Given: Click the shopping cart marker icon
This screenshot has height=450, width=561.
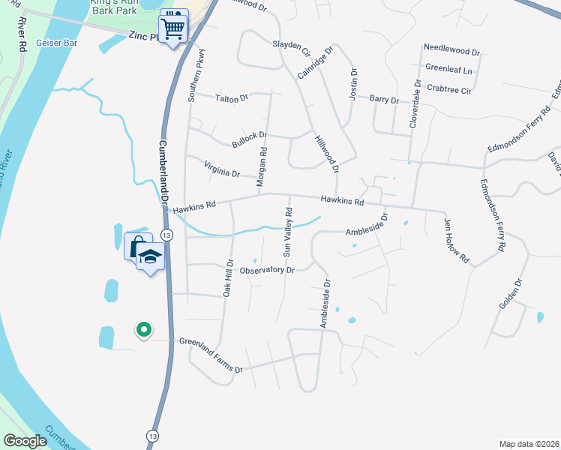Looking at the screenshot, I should coord(173,28).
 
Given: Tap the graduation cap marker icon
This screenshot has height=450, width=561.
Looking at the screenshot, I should coord(150,256).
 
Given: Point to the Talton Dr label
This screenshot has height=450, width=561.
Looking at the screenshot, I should coord(231,98).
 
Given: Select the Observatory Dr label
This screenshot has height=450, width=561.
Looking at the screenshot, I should coord(267,269).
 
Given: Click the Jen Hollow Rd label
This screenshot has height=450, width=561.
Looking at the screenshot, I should coord(457,239).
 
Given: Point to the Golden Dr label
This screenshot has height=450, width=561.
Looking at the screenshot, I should coord(508,294).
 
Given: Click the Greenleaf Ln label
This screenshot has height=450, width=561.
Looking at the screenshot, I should coord(448,70).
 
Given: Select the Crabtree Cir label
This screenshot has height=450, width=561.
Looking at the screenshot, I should coord(448,90).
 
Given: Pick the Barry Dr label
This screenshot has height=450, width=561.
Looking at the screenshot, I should coord(384,98).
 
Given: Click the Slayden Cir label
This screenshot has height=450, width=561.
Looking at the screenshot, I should coord(291,49).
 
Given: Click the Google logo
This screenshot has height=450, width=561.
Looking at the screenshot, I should coord(25,441).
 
